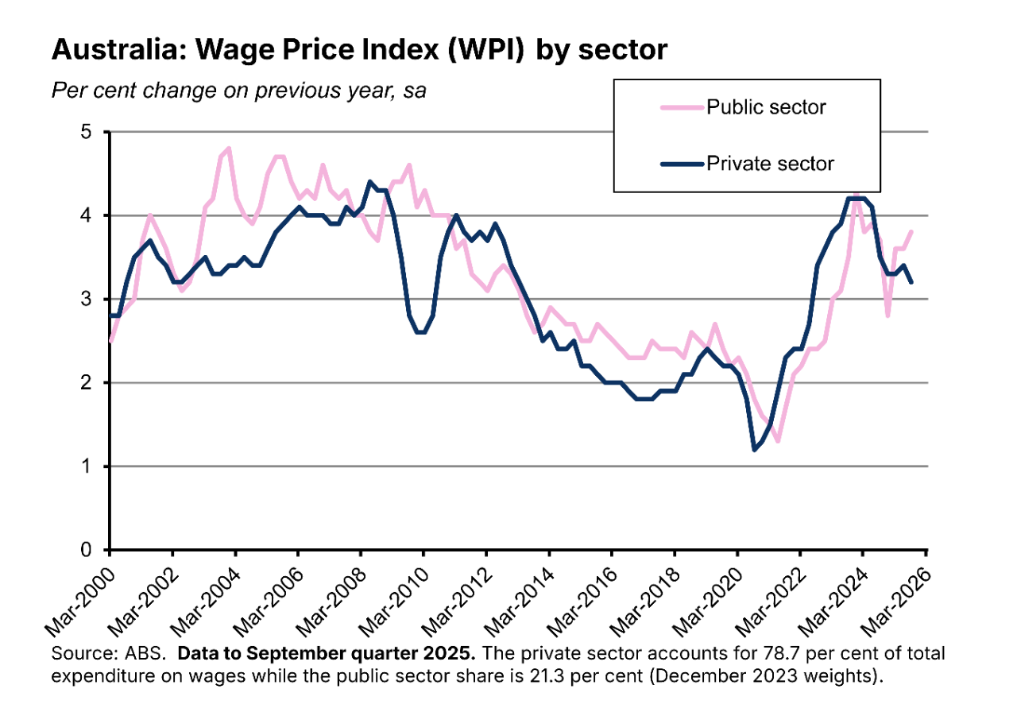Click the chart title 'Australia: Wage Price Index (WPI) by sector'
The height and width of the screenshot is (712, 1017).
pos(359,49)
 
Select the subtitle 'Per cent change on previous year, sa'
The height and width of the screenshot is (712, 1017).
pos(238,91)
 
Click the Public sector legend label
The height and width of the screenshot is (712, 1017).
pos(766,107)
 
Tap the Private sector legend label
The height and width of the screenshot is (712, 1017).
pos(770,164)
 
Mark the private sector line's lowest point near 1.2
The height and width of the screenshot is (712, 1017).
pos(753,450)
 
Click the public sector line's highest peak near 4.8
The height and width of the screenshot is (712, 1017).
pos(229,149)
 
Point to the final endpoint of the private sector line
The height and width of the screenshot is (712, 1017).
pos(911,282)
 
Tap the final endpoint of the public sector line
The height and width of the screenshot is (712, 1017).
pos(911,232)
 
